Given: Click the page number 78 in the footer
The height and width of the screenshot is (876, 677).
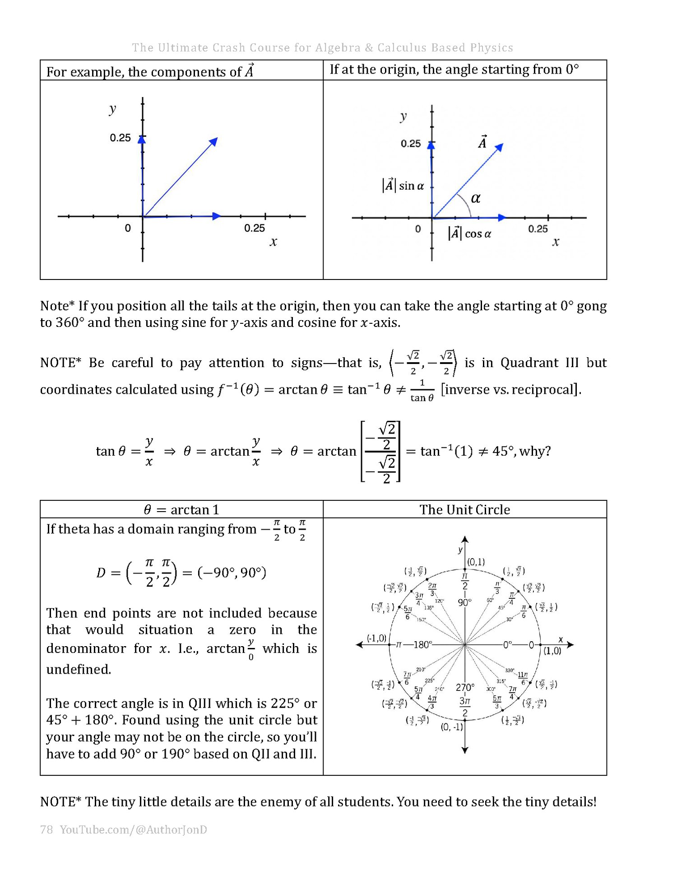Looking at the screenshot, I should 46,829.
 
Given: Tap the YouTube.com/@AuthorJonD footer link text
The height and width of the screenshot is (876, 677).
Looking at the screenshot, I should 133,829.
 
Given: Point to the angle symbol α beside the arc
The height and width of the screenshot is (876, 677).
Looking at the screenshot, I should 476,198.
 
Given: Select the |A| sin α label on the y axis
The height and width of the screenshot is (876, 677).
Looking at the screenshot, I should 403,186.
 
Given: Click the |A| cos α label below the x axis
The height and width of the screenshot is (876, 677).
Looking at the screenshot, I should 469,233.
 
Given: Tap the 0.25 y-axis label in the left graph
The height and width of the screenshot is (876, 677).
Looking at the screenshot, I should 120,138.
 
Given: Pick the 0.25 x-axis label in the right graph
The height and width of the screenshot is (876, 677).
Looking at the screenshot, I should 538,229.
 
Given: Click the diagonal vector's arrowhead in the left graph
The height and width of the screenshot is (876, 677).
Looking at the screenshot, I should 214,141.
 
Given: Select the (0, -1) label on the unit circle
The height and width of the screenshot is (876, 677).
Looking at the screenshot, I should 452,727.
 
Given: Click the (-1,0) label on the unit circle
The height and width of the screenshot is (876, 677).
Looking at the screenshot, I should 376,638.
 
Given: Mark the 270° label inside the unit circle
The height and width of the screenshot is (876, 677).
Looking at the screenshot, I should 465,687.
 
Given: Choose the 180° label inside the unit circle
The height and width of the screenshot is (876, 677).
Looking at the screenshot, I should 422,645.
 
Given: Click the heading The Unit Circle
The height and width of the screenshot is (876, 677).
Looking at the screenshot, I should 464,510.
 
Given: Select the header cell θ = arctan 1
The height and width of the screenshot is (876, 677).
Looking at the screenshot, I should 181,510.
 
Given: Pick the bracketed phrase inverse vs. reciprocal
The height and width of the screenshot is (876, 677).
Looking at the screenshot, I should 510,389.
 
